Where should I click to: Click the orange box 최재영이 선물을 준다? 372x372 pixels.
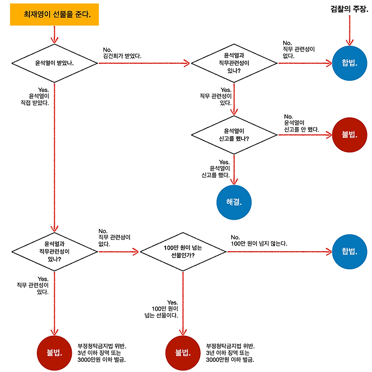[54, 14]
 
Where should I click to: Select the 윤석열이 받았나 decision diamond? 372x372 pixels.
[55, 63]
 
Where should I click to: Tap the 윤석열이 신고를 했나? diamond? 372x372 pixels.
[233, 135]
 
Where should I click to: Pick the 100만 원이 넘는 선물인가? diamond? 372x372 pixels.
[183, 252]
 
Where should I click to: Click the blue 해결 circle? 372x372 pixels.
[233, 202]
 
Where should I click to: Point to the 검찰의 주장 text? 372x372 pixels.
[349, 9]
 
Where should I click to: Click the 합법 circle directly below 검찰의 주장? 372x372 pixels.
[349, 63]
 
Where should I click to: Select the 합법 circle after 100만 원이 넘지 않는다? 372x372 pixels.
[349, 252]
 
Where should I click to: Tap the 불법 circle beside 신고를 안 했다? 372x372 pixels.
[349, 135]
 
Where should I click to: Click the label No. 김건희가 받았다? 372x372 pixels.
[122, 53]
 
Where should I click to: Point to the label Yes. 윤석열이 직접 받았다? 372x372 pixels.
[36, 97]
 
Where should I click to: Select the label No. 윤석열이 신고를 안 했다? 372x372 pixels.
[301, 122]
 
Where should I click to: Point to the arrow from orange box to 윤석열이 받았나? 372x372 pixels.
[54, 34]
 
